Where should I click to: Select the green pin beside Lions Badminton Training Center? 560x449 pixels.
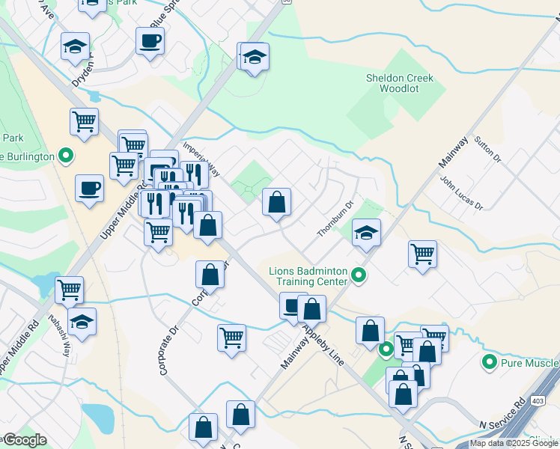click(x=359, y=275)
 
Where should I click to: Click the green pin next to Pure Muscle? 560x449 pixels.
click(x=490, y=362)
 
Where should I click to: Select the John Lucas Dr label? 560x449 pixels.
click(x=462, y=194)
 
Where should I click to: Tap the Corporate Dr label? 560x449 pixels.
click(x=170, y=349)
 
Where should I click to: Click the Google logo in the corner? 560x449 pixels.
click(x=24, y=440)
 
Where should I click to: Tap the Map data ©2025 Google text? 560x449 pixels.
click(x=514, y=443)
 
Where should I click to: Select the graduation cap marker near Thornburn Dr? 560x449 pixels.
click(x=366, y=233)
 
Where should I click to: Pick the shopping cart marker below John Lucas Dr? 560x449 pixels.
click(x=423, y=254)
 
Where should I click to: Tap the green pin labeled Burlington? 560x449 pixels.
click(x=66, y=156)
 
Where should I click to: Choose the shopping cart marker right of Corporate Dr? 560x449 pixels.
click(x=232, y=337)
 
